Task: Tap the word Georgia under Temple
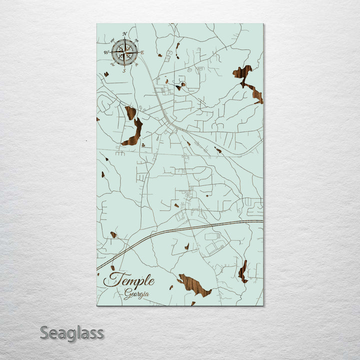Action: pos(136,294)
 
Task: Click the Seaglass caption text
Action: pos(72,332)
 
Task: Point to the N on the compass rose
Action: pos(124,34)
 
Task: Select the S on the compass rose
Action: pos(124,70)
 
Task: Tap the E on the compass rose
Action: pos(142,52)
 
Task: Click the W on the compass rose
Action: pos(106,52)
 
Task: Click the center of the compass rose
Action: pos(124,52)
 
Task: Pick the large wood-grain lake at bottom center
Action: pos(194,285)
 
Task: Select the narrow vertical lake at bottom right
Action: pos(243,272)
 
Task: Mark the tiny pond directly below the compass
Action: pos(106,74)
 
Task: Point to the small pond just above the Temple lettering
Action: pos(112,268)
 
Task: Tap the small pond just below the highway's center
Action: pos(186,246)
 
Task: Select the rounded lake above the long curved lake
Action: pos(130,112)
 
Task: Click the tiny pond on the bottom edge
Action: pos(193,303)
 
